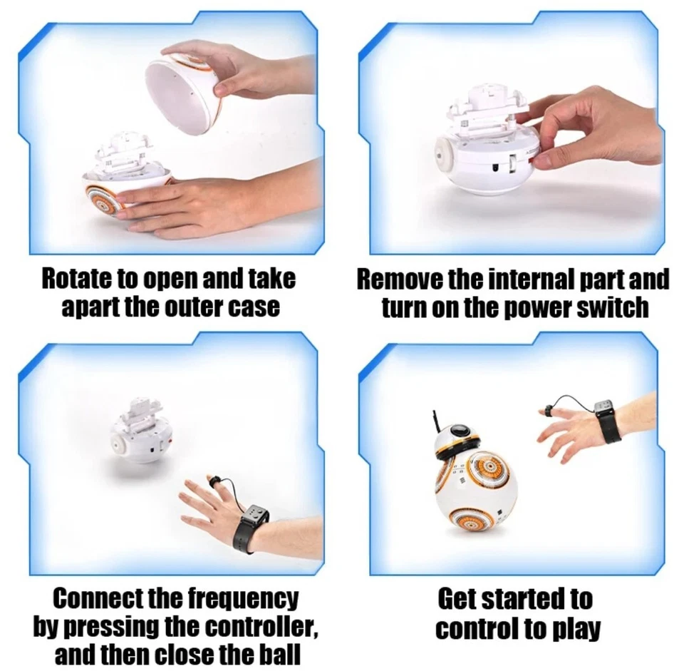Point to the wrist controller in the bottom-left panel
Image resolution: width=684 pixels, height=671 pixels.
[x=254, y=528]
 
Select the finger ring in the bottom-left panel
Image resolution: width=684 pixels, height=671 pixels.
[x=213, y=481]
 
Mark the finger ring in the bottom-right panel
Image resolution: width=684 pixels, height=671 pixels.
[x=549, y=410]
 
